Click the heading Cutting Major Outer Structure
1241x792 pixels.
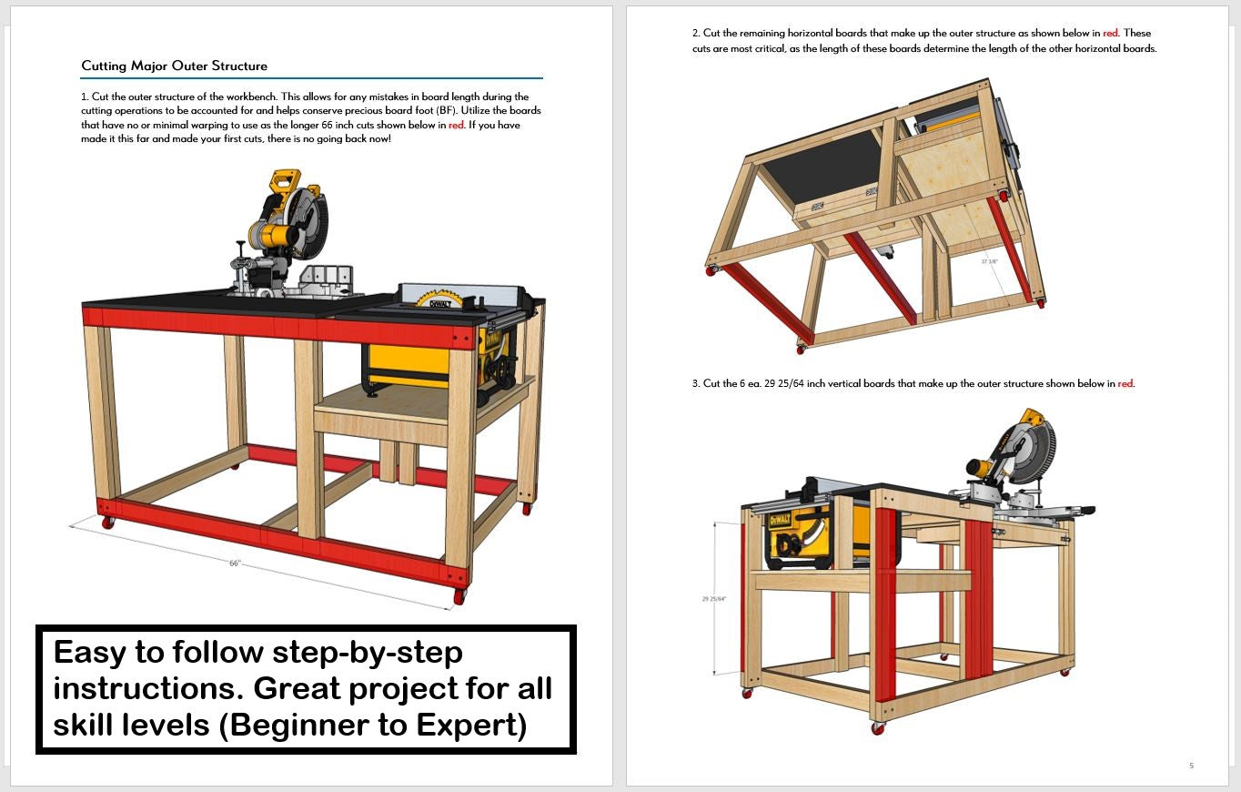click(x=174, y=66)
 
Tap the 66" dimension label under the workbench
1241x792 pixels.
click(x=236, y=564)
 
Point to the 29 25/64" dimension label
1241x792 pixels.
click(x=713, y=599)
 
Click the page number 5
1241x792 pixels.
click(x=1191, y=766)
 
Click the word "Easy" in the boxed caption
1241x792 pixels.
click(x=90, y=653)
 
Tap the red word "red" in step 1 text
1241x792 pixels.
click(x=456, y=126)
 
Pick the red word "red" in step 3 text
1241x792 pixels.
click(x=1125, y=383)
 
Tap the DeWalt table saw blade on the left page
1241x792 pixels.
click(x=439, y=299)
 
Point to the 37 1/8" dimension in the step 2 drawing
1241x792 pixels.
click(x=989, y=261)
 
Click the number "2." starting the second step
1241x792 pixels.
click(x=696, y=34)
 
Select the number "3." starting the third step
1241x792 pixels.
click(x=696, y=383)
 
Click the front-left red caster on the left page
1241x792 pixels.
click(x=107, y=523)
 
